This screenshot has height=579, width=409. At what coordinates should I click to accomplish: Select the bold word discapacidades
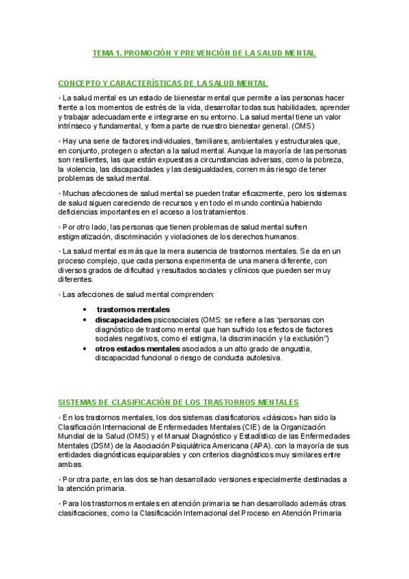pos(124,319)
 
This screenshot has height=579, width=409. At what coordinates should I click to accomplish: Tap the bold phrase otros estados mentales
pos(136,348)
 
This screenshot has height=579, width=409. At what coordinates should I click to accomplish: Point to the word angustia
pos(292,348)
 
